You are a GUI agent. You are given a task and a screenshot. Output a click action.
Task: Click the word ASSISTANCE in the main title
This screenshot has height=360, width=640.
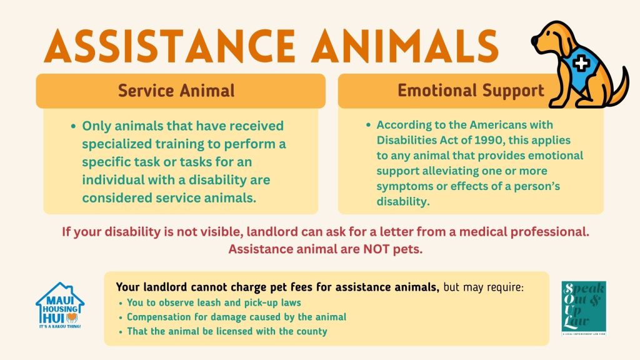(170, 46)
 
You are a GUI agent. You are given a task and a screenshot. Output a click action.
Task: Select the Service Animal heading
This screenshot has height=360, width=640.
(176, 91)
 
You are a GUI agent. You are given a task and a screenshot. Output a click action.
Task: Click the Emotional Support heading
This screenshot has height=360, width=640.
(471, 91)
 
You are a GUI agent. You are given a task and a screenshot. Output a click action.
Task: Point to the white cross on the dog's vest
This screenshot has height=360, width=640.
(581, 64)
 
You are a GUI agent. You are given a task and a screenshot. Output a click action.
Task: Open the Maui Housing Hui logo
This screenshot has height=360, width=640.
(60, 305)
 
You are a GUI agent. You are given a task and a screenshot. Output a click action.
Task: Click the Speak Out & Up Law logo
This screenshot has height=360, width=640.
(584, 308)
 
